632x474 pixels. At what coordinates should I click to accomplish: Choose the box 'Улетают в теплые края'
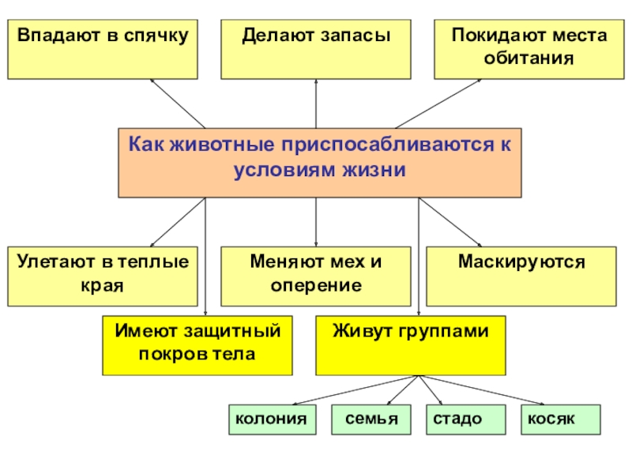point(103,276)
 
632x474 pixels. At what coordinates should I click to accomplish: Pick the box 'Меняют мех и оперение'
point(316,276)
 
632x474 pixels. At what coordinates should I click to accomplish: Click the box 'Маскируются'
point(521,276)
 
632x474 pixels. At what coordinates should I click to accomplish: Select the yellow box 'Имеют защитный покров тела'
point(197,345)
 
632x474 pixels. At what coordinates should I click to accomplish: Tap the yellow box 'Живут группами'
point(411,345)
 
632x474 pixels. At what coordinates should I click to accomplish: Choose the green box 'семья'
point(371,419)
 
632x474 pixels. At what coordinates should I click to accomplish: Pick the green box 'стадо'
point(456,419)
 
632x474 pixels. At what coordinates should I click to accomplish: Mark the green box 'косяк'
point(559,419)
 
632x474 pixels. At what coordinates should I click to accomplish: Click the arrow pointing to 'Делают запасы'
point(316,103)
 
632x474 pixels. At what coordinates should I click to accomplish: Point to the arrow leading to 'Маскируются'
point(450,222)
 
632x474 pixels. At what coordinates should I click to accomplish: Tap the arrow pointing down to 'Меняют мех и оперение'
point(316,222)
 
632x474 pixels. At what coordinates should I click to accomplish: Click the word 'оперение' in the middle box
point(316,286)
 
